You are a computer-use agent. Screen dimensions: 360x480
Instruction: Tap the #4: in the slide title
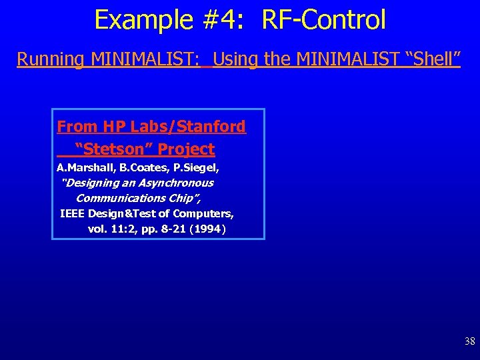click(x=221, y=20)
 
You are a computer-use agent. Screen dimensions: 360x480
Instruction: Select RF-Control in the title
click(x=324, y=20)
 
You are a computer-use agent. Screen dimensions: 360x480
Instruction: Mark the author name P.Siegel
click(x=198, y=167)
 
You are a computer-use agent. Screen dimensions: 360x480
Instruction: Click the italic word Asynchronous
click(x=177, y=183)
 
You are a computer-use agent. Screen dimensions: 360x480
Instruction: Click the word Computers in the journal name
click(x=203, y=213)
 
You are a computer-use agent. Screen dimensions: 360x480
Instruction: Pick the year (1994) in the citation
click(x=207, y=229)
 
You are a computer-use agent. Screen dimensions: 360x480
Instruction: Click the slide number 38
click(x=469, y=342)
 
